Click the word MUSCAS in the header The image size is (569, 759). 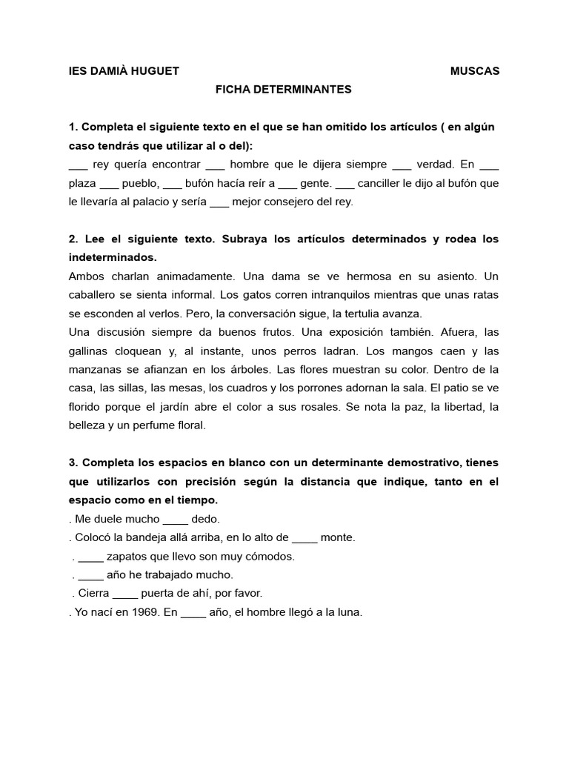click(475, 71)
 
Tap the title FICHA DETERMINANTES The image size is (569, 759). click(283, 90)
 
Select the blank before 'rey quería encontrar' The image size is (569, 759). click(78, 165)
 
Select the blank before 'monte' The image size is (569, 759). click(305, 538)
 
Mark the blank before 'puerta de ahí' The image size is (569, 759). click(126, 594)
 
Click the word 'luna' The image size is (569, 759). click(350, 612)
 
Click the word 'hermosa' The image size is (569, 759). click(343, 276)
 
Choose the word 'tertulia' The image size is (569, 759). click(362, 313)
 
